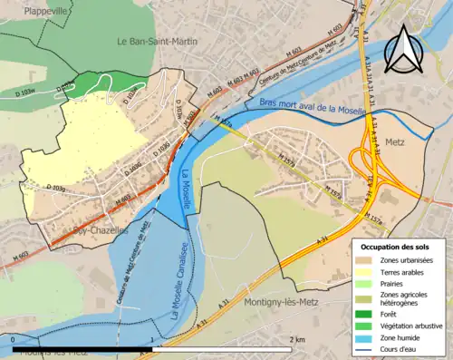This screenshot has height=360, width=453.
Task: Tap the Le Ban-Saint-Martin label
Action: (x=158, y=41)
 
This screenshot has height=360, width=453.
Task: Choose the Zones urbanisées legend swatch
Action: (x=365, y=260)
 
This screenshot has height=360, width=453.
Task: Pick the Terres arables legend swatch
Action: (x=365, y=271)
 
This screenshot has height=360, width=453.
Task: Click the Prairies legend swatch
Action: (x=365, y=283)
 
